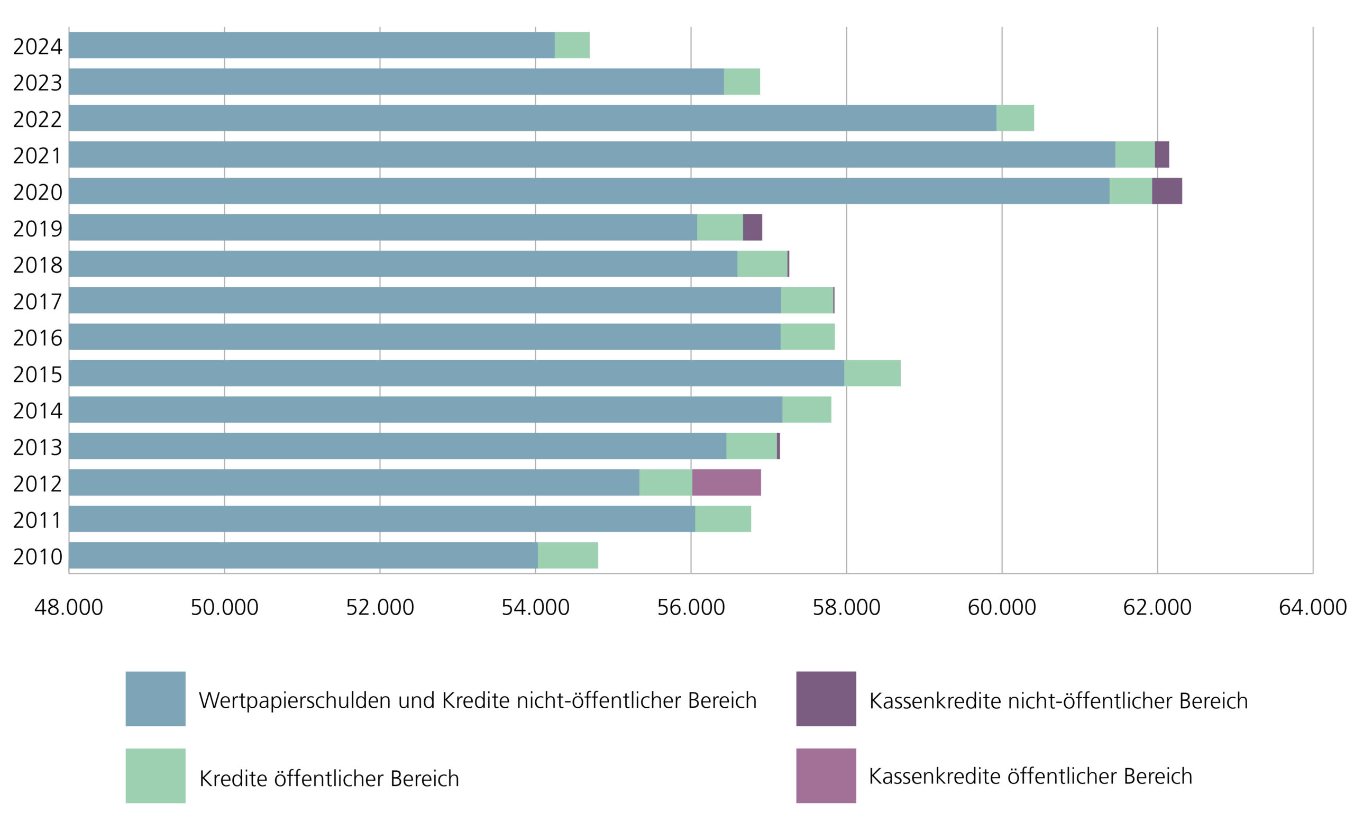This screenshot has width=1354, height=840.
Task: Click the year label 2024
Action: pos(37,46)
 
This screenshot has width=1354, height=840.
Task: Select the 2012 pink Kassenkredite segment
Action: pos(726,482)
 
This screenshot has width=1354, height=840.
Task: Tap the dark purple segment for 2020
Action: pos(1166,191)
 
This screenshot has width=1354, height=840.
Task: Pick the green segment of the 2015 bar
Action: pos(872,373)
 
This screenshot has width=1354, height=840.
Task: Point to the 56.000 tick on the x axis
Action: pos(691,607)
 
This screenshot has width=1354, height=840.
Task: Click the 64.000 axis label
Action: pos(1312,607)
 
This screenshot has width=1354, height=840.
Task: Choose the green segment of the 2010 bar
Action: pos(568,555)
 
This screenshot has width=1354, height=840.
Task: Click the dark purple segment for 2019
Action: pos(752,227)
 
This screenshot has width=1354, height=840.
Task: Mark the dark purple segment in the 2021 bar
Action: pos(1161,154)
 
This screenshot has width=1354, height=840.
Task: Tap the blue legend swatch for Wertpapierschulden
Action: pos(155,699)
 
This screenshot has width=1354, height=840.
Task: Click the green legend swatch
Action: pos(155,775)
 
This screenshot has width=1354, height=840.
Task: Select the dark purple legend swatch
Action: pos(826,699)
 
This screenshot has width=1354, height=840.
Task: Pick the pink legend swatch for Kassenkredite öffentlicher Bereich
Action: pos(826,775)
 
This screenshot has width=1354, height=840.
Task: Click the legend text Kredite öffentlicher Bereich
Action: pos(329,778)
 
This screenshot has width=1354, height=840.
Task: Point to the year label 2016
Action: pos(37,338)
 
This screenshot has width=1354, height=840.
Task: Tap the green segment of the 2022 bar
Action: pos(1014,118)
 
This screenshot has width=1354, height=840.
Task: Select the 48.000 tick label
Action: pos(68,607)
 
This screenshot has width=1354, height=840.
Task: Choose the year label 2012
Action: pos(37,484)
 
